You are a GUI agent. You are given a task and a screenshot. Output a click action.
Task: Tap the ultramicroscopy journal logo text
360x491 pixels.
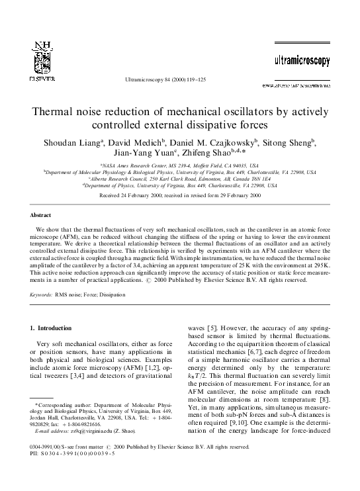pyautogui.click(x=302, y=61)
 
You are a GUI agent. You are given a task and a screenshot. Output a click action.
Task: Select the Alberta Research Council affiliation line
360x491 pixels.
pyautogui.click(x=179, y=179)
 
